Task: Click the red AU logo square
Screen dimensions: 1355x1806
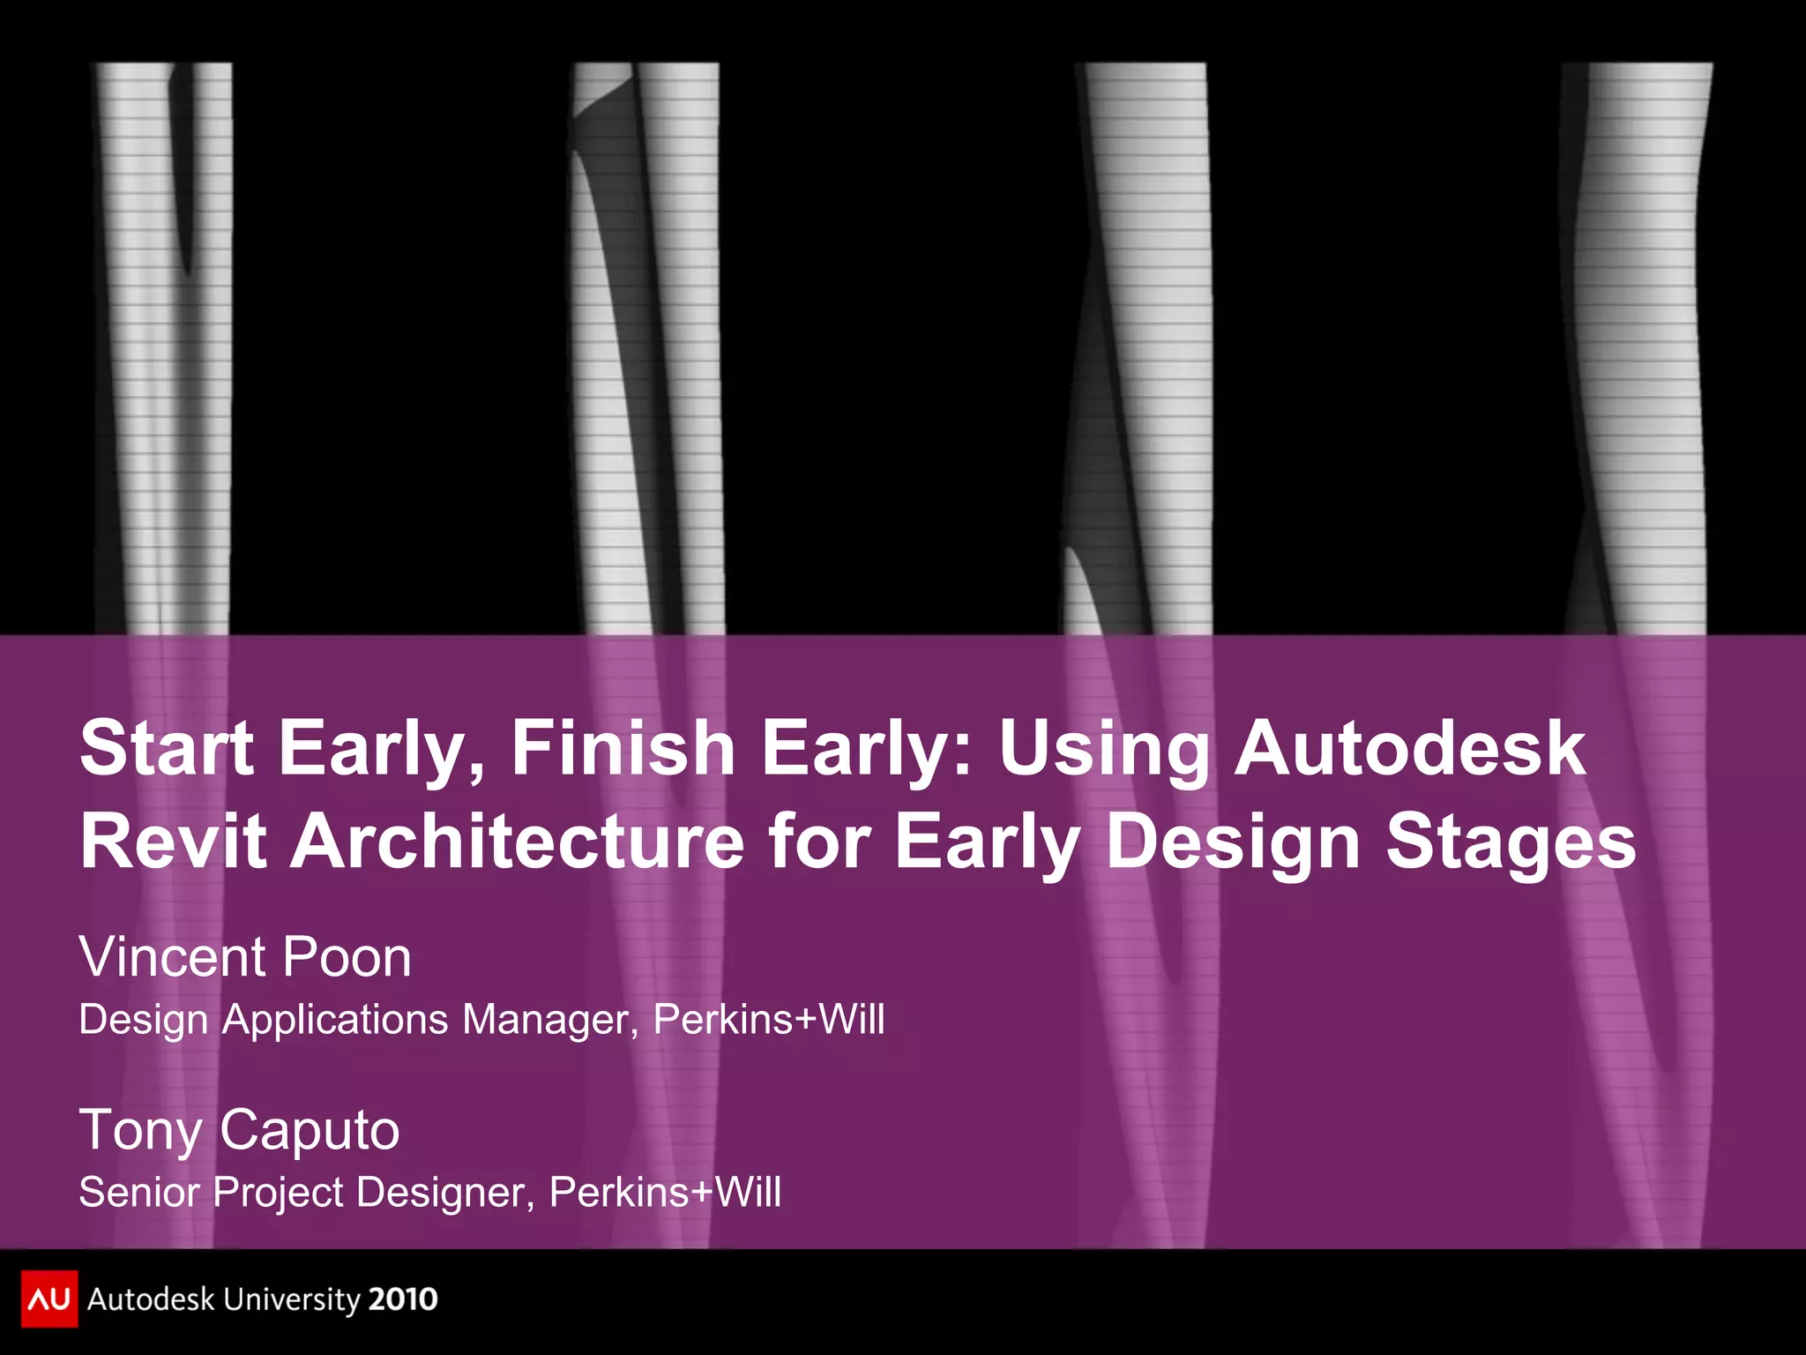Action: (x=49, y=1299)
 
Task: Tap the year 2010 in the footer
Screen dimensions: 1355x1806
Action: (x=402, y=1299)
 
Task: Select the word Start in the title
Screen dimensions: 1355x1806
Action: (x=167, y=748)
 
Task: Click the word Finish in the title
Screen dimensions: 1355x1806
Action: (x=623, y=748)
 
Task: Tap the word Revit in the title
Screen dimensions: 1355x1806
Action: (x=173, y=842)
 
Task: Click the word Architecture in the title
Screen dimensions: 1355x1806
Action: (x=519, y=842)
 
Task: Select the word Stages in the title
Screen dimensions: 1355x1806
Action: (x=1511, y=842)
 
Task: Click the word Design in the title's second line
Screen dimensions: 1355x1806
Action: (x=1233, y=842)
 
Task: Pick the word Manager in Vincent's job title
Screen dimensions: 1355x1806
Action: (x=549, y=1020)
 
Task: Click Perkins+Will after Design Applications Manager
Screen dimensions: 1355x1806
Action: (x=768, y=1020)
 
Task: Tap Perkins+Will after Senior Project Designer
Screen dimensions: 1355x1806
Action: (x=665, y=1193)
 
